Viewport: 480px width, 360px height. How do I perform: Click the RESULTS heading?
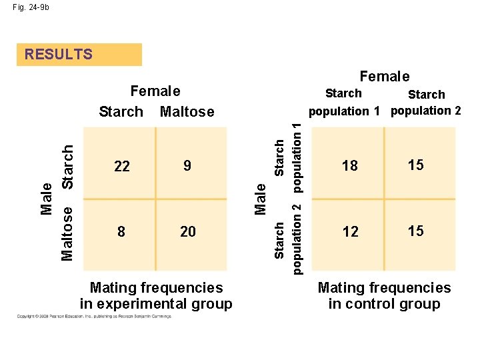(x=59, y=55)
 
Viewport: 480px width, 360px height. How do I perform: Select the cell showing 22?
(x=122, y=166)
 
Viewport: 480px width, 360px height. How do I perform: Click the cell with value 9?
(x=187, y=165)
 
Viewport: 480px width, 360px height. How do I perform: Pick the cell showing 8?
(x=121, y=231)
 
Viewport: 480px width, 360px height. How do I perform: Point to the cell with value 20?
(x=188, y=231)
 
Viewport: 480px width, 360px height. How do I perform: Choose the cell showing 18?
(x=350, y=166)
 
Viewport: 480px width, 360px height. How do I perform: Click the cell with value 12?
(x=350, y=231)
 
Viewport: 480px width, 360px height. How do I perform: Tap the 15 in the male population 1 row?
(x=415, y=165)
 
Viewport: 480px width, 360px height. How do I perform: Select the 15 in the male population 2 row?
(x=415, y=231)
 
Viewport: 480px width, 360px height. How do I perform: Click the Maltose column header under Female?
(x=187, y=111)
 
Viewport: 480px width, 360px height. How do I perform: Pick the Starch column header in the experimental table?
(x=121, y=111)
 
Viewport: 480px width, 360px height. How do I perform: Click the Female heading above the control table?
(x=385, y=77)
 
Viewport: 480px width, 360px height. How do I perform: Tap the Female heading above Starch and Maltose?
(x=155, y=91)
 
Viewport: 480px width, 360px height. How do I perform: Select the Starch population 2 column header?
(x=426, y=102)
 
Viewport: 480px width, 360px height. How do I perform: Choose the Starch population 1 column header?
(x=343, y=102)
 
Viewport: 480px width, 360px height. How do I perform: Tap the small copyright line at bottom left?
(x=93, y=316)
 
